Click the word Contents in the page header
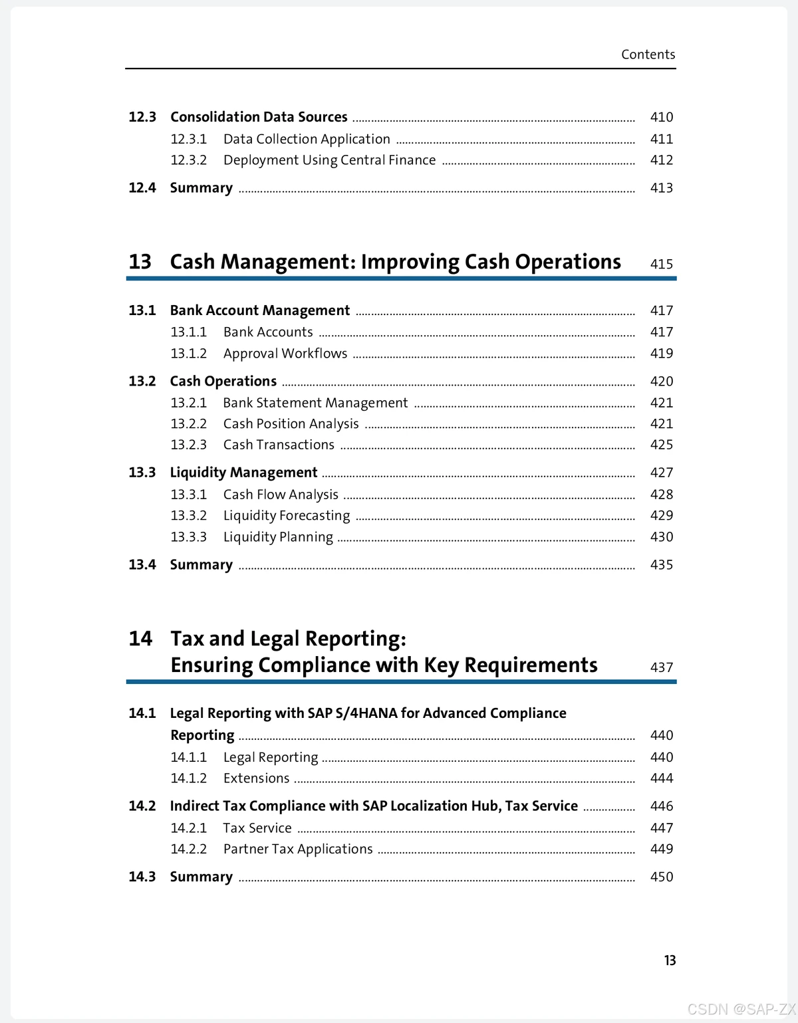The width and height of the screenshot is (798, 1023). (648, 55)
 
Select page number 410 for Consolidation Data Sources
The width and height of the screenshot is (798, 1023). (661, 117)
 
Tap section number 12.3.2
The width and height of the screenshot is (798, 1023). (188, 160)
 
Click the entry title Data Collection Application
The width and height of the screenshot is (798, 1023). (307, 139)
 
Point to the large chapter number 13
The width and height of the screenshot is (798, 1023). (140, 262)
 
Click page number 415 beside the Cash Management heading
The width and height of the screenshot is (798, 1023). (661, 264)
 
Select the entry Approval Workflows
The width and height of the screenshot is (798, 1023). (285, 354)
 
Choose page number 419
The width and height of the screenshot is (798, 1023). (661, 354)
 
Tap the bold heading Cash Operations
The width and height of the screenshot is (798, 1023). (223, 382)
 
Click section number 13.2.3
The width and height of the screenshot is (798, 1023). (188, 445)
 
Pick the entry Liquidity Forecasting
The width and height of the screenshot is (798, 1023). (287, 516)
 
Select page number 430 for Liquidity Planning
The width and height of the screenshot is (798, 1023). (661, 537)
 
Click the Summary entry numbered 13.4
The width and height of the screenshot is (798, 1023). (201, 565)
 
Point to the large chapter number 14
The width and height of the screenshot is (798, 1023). (140, 639)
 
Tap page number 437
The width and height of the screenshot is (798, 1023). (661, 667)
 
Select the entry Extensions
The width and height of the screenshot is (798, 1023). (257, 778)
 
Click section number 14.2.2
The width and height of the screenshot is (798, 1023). (188, 850)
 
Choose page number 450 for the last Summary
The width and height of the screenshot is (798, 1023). (661, 877)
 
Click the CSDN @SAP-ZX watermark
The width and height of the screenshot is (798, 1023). (741, 1009)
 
